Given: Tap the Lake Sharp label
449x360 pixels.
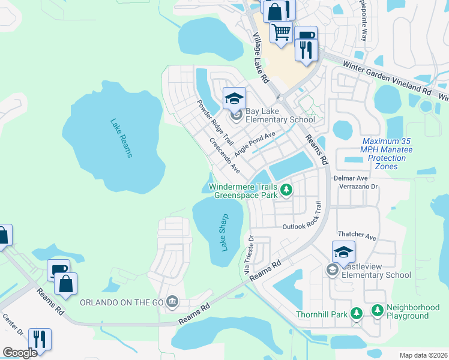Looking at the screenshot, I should pyautogui.click(x=224, y=232).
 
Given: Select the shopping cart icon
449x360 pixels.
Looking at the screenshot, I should pyautogui.click(x=281, y=32).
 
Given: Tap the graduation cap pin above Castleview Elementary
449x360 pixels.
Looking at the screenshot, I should pyautogui.click(x=343, y=251).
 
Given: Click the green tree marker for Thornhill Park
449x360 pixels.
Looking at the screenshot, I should pyautogui.click(x=357, y=314).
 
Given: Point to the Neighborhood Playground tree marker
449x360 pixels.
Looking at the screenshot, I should pyautogui.click(x=378, y=310).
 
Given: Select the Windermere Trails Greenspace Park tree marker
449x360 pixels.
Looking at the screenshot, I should pyautogui.click(x=287, y=190).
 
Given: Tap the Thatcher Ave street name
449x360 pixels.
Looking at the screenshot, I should pyautogui.click(x=357, y=236).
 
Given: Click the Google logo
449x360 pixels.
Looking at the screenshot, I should pyautogui.click(x=20, y=352).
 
